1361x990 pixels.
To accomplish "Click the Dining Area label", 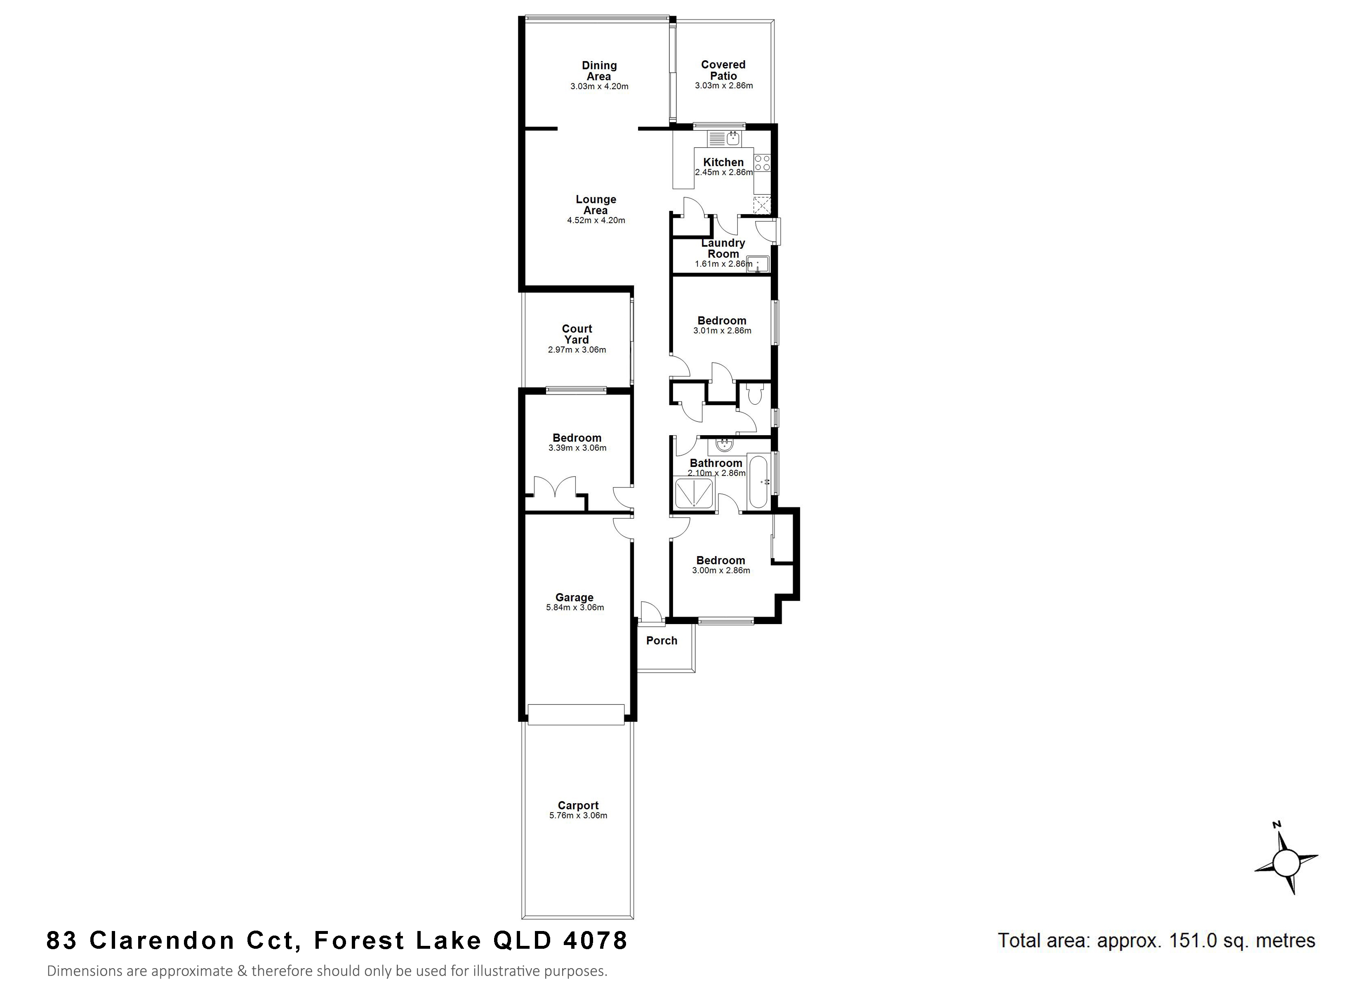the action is [x=599, y=71].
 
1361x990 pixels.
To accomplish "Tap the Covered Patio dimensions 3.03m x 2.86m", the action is [x=724, y=86].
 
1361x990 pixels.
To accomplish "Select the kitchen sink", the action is [x=725, y=139].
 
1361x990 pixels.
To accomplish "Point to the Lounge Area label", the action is [x=596, y=205].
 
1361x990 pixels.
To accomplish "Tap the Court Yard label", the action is [x=577, y=334].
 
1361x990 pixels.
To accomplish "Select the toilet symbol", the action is [x=754, y=394].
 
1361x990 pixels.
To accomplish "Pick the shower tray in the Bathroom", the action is [x=694, y=493].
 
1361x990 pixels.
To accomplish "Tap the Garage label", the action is [x=574, y=597].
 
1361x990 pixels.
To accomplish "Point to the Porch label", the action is [x=662, y=641].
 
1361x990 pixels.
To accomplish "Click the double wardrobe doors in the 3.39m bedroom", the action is [x=135, y=486].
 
